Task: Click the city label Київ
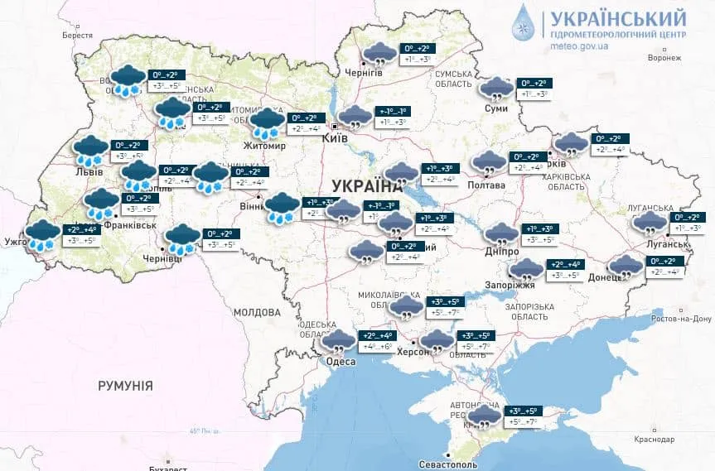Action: pyautogui.click(x=336, y=139)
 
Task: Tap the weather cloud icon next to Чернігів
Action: pyautogui.click(x=379, y=54)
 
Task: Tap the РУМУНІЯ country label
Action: pyautogui.click(x=125, y=386)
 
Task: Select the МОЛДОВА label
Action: pyautogui.click(x=257, y=313)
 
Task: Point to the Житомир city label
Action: pyautogui.click(x=265, y=147)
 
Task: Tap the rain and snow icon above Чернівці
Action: pyautogui.click(x=181, y=239)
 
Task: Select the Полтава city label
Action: pyautogui.click(x=488, y=185)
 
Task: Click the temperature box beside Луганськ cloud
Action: pyautogui.click(x=684, y=222)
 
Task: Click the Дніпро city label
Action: pyautogui.click(x=502, y=251)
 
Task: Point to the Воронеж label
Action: pyautogui.click(x=664, y=58)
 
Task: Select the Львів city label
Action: pyautogui.click(x=89, y=172)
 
